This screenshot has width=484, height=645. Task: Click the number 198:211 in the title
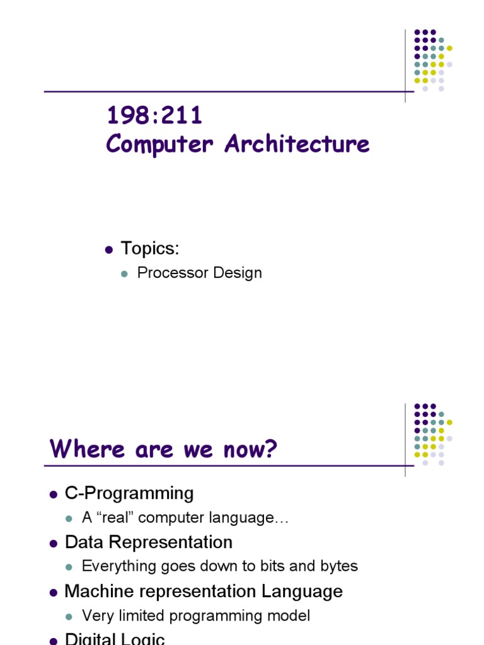[x=154, y=116]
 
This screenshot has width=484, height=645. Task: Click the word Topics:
[x=150, y=249]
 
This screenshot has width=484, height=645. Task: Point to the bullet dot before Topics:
[x=108, y=249]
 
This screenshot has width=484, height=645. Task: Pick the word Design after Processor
[x=236, y=273]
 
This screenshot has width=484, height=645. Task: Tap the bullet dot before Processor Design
[x=124, y=273]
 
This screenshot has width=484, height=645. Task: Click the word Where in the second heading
[x=81, y=449]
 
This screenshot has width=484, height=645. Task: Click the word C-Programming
[x=129, y=493]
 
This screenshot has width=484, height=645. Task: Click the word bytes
[x=339, y=566]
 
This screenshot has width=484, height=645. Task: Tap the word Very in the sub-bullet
[x=96, y=615]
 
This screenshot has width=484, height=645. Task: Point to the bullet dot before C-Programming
[x=54, y=494]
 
